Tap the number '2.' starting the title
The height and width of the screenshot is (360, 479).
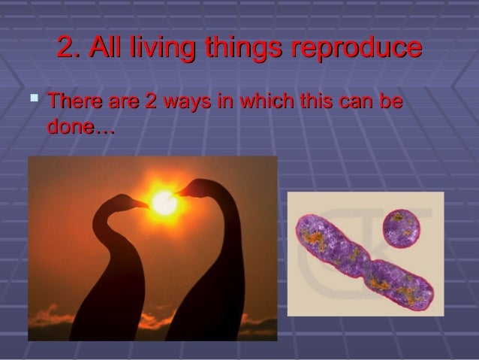69,48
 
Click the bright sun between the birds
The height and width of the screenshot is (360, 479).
162,201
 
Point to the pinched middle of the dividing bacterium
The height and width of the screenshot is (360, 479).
369,265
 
